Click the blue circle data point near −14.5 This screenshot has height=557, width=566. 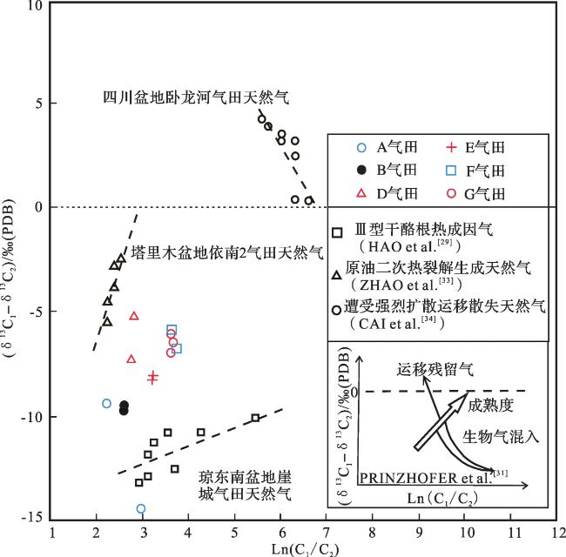tap(141, 508)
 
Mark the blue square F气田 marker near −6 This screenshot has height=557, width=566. tap(172, 330)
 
